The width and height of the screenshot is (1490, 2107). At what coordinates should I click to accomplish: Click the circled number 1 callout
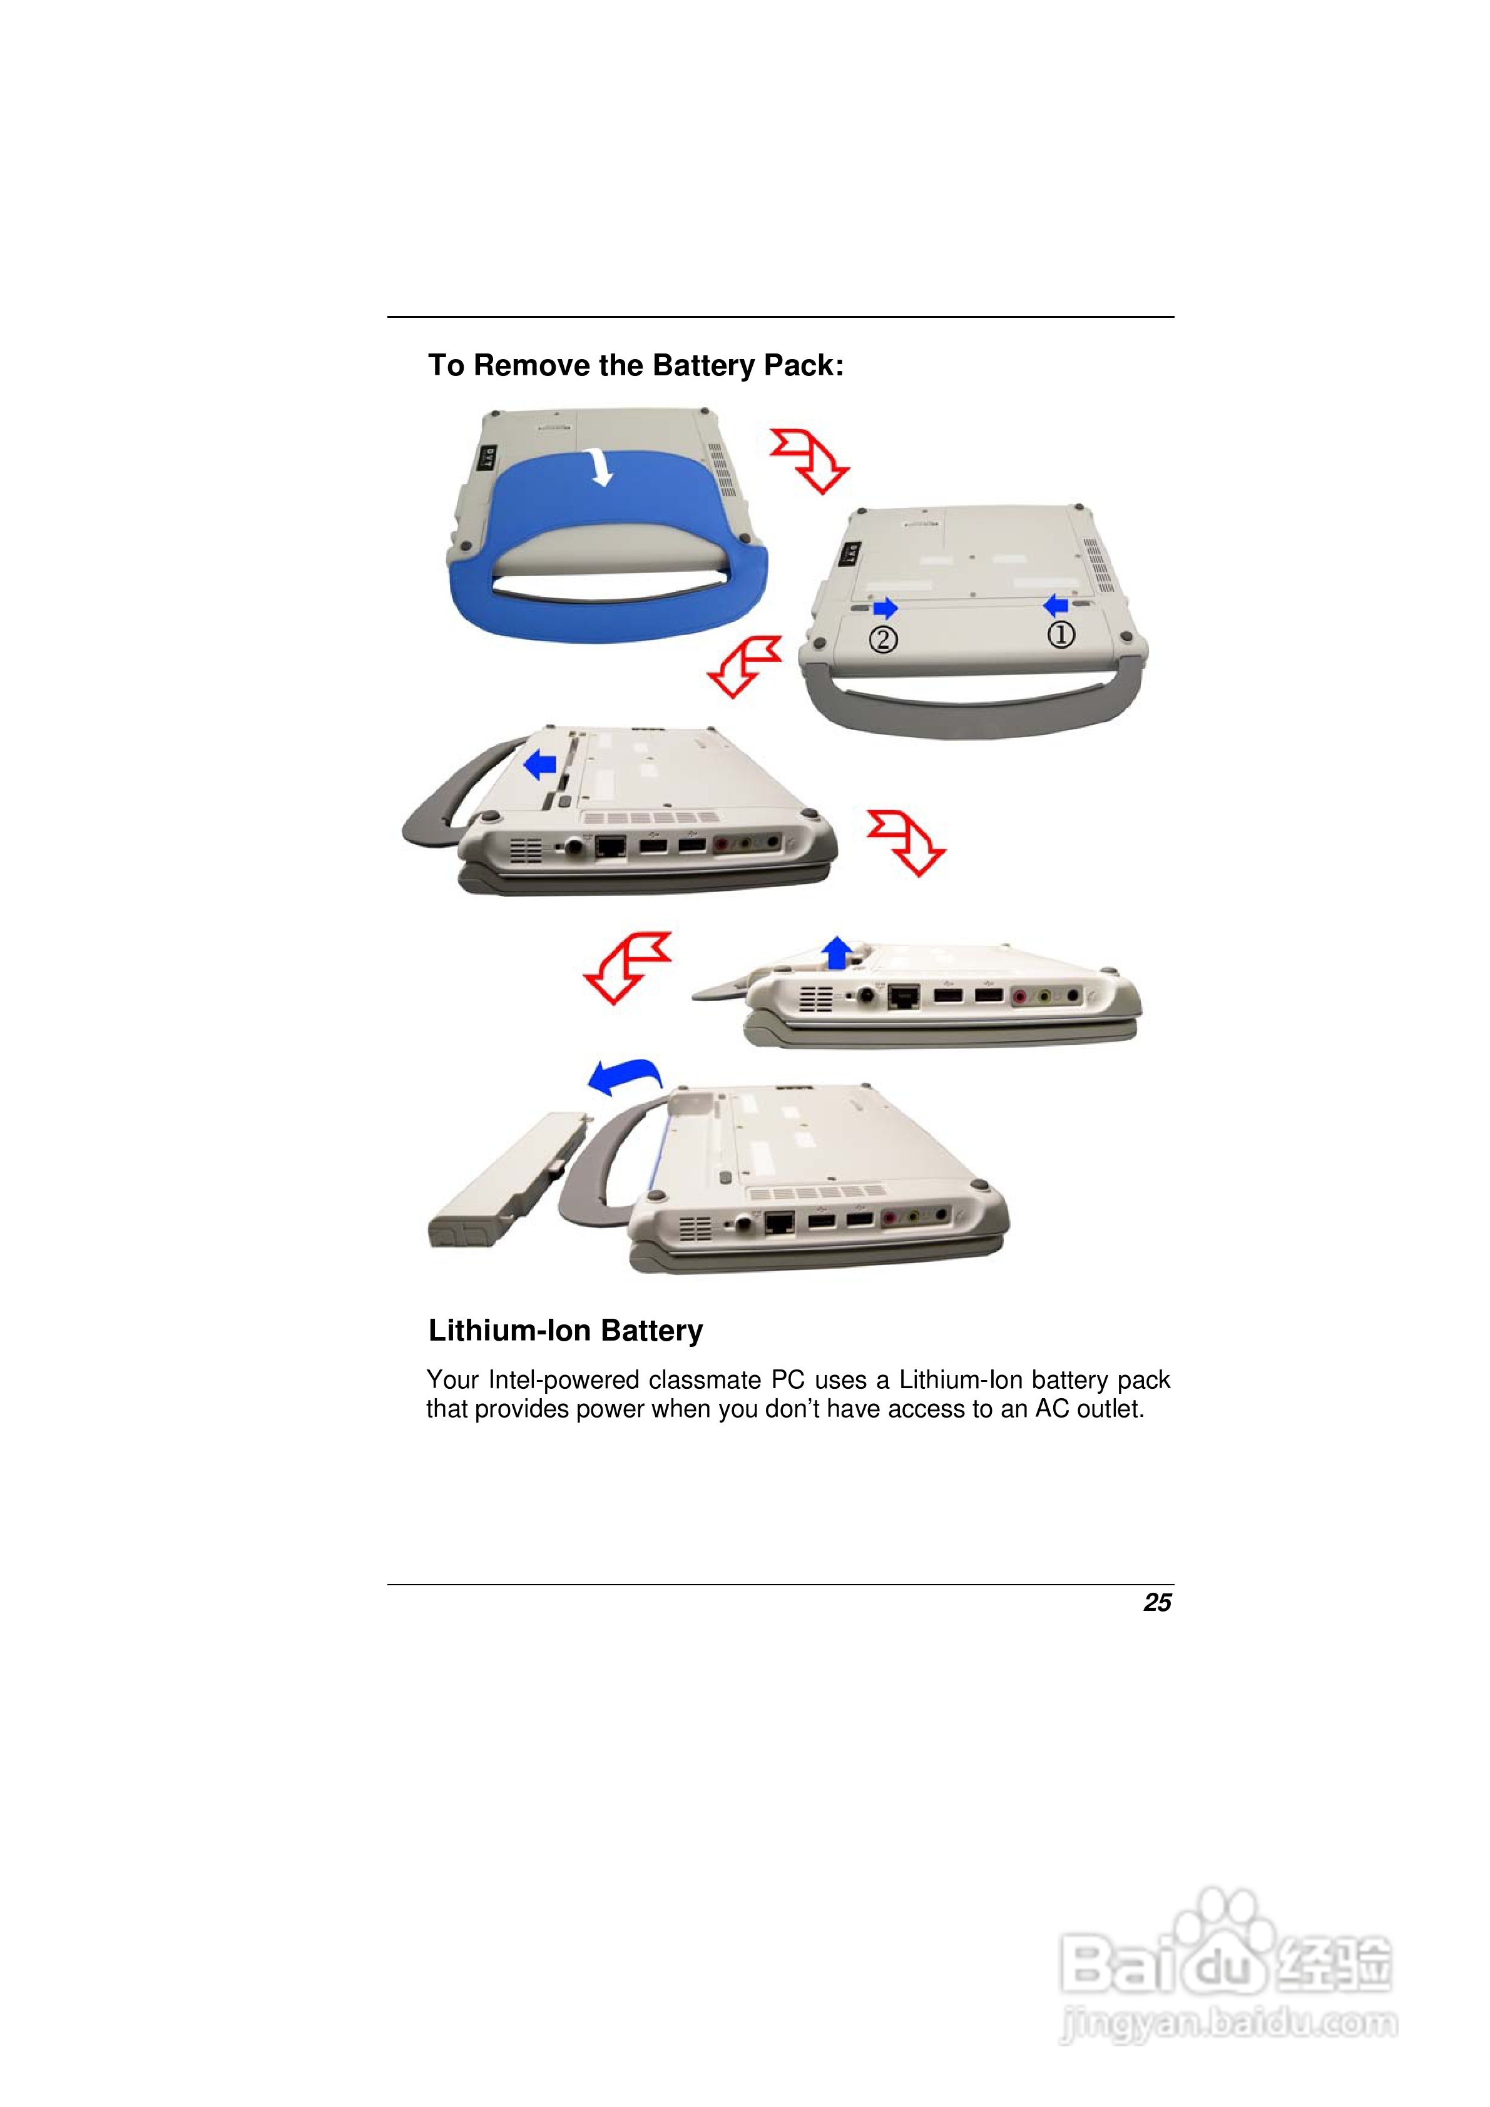1061,634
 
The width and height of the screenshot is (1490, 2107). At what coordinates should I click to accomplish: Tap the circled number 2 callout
883,639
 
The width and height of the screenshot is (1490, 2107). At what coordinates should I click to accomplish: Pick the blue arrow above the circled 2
885,607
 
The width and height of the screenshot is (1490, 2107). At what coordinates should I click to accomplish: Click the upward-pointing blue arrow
835,951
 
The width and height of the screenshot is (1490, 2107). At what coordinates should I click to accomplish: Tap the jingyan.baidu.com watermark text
1228,2024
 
